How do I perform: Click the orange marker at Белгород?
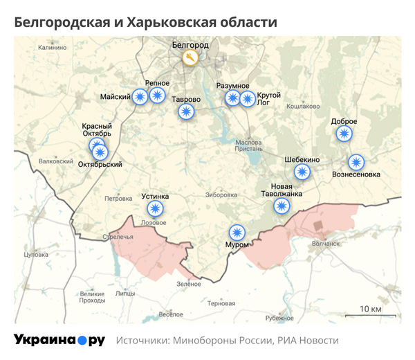pos(189,57)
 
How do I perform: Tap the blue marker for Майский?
pos(140,96)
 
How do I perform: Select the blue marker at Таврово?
pos(185,112)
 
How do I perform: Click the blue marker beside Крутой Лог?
pos(247,98)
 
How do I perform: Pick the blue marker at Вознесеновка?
pos(356,162)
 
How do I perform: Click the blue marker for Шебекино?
pos(302,172)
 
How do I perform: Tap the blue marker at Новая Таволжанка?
pos(282,205)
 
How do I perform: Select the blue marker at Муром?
pos(237,233)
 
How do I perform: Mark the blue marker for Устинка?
pos(154,209)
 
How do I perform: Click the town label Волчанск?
pos(326,243)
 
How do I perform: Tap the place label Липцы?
pos(125,293)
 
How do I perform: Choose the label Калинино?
pos(53,48)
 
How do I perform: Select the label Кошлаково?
pos(303,106)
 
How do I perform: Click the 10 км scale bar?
pos(371,314)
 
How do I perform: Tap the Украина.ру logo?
pos(59,340)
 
